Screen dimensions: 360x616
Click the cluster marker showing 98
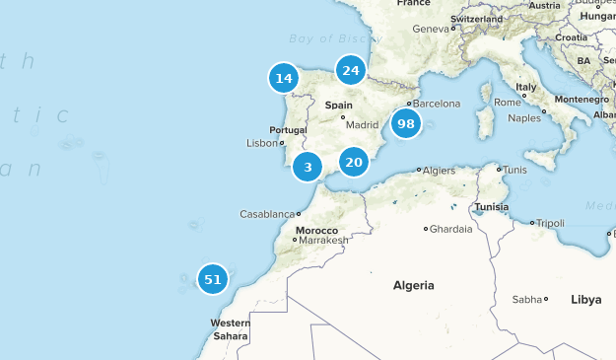pos(405,124)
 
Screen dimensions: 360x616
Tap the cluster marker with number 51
pos(212,279)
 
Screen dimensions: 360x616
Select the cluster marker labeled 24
pos(350,70)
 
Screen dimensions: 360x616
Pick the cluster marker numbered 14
pos(284,78)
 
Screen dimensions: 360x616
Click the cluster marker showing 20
pos(354,162)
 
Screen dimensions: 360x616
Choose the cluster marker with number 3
pos(308,168)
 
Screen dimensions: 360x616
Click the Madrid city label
pos(362,125)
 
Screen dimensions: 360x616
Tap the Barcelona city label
pos(437,104)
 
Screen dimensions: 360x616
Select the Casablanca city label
pos(268,214)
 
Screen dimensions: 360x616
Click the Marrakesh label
pos(324,240)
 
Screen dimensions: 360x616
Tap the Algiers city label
pos(439,170)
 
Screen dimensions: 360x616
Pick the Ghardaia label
pos(451,229)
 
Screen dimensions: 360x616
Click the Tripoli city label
pos(549,223)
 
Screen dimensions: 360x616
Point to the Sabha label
pos(527,299)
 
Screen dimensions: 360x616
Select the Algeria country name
pos(413,285)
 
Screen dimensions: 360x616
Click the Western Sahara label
pos(230,329)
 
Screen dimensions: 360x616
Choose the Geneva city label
pos(431,29)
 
